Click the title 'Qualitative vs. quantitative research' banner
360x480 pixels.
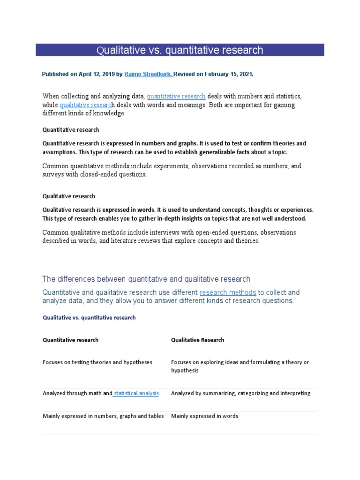(180, 50)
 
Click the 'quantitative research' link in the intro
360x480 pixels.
(176, 97)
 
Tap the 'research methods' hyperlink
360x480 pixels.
(228, 292)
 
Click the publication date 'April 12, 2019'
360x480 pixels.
(89, 74)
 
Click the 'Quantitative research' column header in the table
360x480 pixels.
(70, 340)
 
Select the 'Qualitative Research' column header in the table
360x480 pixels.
(197, 340)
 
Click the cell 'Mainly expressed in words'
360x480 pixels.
(204, 416)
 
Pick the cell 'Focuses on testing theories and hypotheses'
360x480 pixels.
(97, 362)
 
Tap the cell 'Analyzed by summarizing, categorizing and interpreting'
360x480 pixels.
(240, 393)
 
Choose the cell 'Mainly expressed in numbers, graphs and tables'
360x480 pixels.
(103, 416)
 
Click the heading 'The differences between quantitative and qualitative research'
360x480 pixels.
(146, 279)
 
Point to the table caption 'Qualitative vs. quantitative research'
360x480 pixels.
(89, 317)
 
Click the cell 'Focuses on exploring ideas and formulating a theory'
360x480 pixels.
(240, 366)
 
